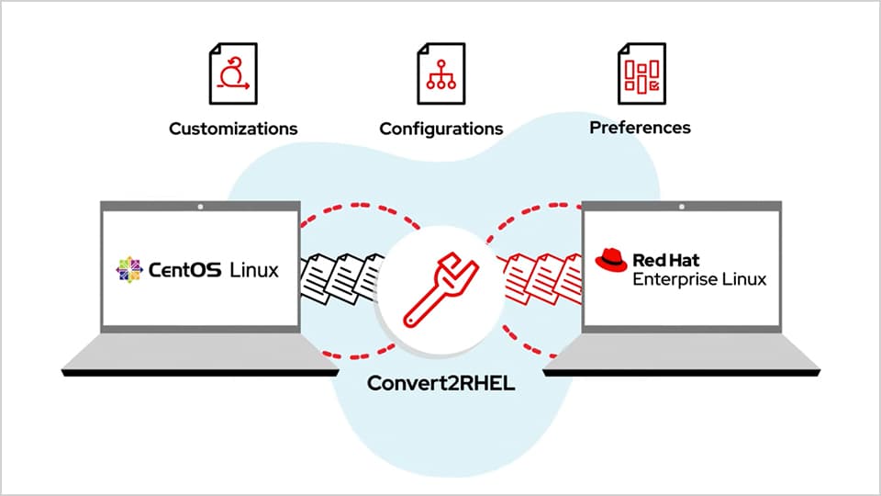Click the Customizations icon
click(x=233, y=73)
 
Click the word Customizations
click(x=233, y=129)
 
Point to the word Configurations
click(x=440, y=129)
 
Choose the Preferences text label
click(x=640, y=127)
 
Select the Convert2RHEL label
click(x=440, y=383)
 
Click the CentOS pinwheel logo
click(x=129, y=270)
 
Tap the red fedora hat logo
click(x=610, y=260)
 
